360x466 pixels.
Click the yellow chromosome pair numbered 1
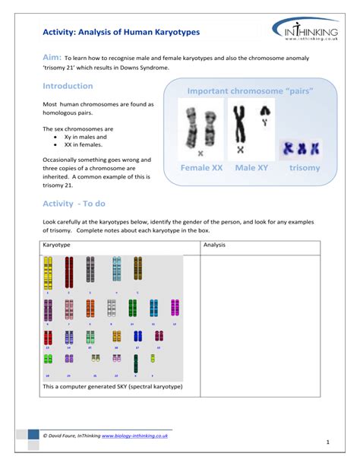click(x=48, y=272)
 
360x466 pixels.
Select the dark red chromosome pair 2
click(x=69, y=272)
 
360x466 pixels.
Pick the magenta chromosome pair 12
click(x=175, y=308)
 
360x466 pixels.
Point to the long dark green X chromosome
click(x=135, y=363)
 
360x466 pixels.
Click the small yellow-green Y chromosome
click(x=153, y=358)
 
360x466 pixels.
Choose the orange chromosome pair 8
click(x=90, y=308)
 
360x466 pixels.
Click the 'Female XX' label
click(x=201, y=167)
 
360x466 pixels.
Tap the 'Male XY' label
click(x=251, y=167)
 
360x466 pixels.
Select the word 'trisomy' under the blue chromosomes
click(x=305, y=167)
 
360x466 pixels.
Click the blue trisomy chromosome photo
click(x=298, y=148)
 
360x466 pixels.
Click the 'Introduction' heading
click(x=68, y=86)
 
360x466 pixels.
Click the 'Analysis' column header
click(x=215, y=246)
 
